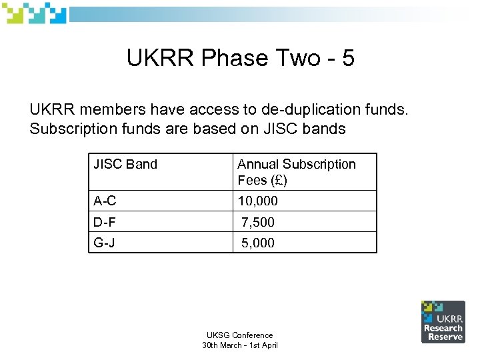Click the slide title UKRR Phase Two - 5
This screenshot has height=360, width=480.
pyautogui.click(x=240, y=59)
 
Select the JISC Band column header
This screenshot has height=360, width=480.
pyautogui.click(x=125, y=164)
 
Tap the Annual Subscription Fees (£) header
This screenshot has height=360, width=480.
pyautogui.click(x=297, y=172)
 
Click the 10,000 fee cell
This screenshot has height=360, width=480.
pyautogui.click(x=257, y=201)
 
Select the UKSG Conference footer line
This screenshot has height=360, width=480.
pyautogui.click(x=239, y=335)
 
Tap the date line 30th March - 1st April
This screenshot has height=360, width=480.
pyautogui.click(x=239, y=345)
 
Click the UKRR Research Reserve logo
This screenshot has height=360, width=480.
pyautogui.click(x=442, y=321)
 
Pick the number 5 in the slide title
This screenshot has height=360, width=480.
pyautogui.click(x=347, y=59)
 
